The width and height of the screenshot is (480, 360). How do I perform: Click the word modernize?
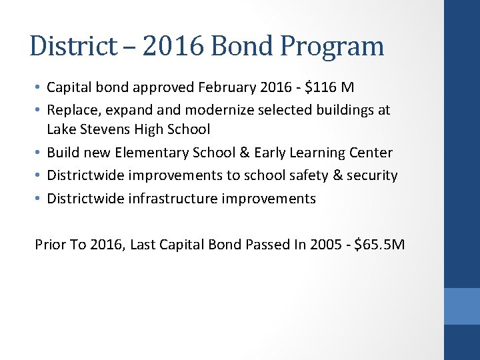click(x=217, y=109)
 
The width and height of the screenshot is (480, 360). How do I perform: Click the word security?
click(x=371, y=175)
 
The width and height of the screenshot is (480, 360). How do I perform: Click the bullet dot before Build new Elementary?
click(x=39, y=153)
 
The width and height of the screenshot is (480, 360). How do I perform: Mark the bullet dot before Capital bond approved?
click(x=39, y=88)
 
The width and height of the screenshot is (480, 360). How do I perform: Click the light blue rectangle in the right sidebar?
click(x=461, y=306)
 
